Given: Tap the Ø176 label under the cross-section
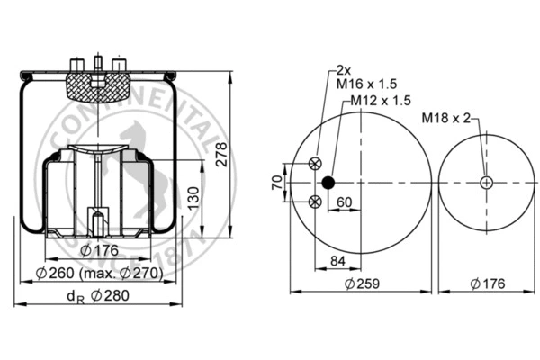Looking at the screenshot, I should [x=94, y=250].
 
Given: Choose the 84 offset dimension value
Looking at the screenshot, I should [x=337, y=262].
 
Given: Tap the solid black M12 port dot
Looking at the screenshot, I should [x=328, y=183].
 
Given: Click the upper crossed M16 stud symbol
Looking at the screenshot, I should [x=314, y=163].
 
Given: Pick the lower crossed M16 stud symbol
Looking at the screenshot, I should [x=314, y=202].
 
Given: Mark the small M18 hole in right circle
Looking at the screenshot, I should [x=486, y=183].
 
